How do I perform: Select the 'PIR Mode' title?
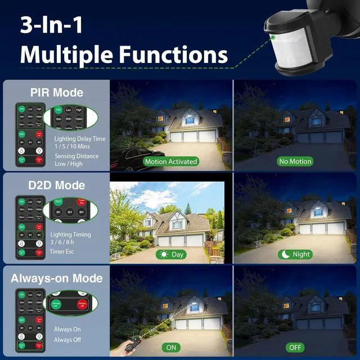pyautogui.click(x=56, y=92)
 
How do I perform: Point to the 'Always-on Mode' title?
pyautogui.click(x=56, y=278)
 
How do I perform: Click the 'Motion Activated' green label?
pyautogui.click(x=171, y=161)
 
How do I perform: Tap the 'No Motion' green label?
pyautogui.click(x=295, y=161)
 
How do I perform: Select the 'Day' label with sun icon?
pyautogui.click(x=172, y=254)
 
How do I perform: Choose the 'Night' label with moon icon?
pyautogui.click(x=295, y=254)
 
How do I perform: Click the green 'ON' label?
pyautogui.click(x=171, y=348)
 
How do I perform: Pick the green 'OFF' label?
pyautogui.click(x=295, y=348)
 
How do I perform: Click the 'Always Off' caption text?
pyautogui.click(x=67, y=339)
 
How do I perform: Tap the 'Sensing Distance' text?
pyautogui.click(x=76, y=156)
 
